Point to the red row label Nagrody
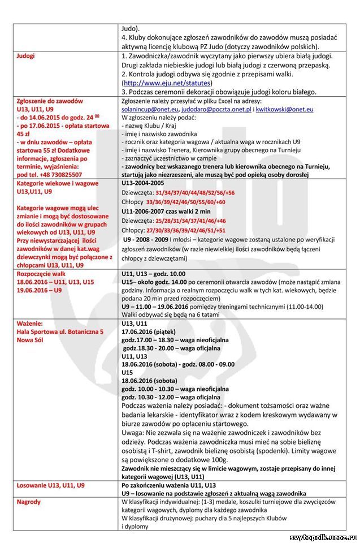point(29,502)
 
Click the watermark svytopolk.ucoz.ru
point(323,537)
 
